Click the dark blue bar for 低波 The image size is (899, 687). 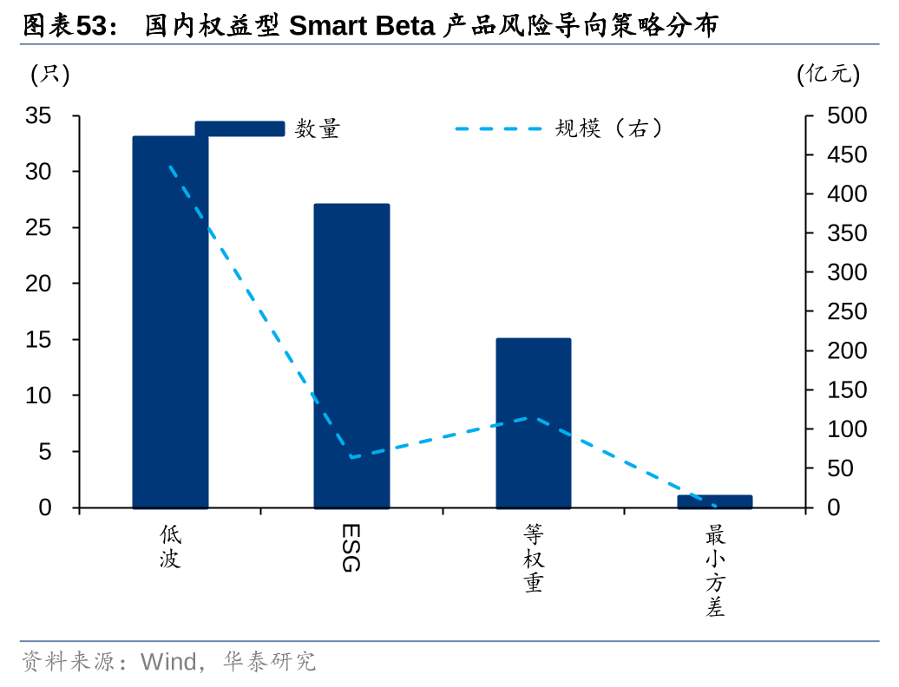click(x=170, y=330)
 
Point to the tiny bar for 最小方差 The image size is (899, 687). click(x=715, y=501)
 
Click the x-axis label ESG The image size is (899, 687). click(x=351, y=547)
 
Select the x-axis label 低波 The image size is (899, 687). click(x=170, y=546)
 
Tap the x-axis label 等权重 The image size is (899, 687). click(x=534, y=558)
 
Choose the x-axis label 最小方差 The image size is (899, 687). click(x=715, y=570)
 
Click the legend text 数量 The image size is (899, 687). click(x=318, y=129)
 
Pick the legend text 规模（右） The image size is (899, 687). click(x=611, y=129)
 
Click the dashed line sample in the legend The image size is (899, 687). click(x=498, y=129)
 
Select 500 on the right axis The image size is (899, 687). click(x=847, y=115)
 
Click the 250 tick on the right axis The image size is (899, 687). click(x=847, y=311)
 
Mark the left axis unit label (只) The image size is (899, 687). click(x=50, y=75)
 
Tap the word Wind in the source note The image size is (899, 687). click(x=169, y=663)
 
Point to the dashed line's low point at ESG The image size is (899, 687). click(x=351, y=457)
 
